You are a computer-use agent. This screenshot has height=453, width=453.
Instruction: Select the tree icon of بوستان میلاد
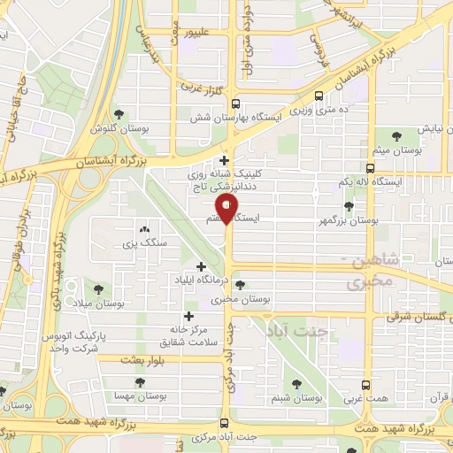point(97,288)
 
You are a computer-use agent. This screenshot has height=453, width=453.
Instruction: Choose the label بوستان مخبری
point(240,300)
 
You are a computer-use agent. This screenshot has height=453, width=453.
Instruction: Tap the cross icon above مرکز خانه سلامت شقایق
point(188,316)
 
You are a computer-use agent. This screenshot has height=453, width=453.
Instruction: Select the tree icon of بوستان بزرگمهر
point(349,206)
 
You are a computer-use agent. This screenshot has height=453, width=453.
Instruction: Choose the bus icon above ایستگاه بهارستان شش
point(319,98)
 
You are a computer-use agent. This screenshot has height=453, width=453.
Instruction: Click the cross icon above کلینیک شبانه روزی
point(225,161)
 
